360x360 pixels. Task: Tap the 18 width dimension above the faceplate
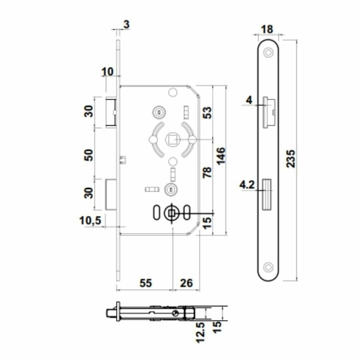click(267, 29)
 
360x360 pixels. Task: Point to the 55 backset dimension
click(145, 283)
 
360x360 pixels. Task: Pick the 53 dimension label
click(207, 112)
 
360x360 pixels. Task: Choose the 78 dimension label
click(207, 172)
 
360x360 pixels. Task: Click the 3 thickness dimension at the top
click(126, 25)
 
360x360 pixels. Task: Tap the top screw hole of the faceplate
click(267, 52)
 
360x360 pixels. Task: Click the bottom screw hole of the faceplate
click(267, 267)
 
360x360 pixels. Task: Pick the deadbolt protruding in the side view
click(111, 194)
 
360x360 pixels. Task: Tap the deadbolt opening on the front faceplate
click(267, 194)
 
